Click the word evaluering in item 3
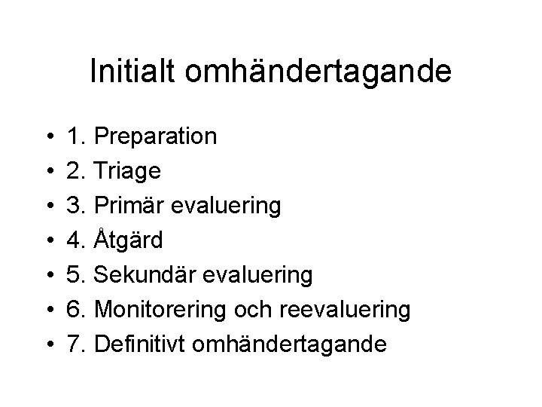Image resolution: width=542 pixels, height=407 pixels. pyautogui.click(x=231, y=206)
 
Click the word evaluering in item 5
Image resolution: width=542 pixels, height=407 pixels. pyautogui.click(x=261, y=275)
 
